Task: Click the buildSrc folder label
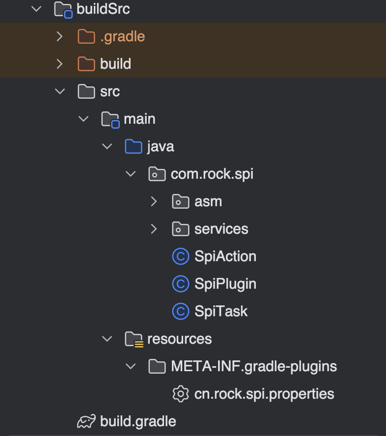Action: click(103, 9)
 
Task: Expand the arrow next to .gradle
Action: click(59, 36)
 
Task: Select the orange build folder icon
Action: click(86, 64)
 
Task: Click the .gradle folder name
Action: click(122, 36)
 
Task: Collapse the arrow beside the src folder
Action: click(59, 91)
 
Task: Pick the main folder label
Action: click(139, 119)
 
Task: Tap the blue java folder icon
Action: click(133, 146)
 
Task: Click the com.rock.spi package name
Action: click(212, 174)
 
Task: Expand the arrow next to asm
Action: click(154, 201)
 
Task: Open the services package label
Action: click(221, 229)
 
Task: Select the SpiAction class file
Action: click(225, 256)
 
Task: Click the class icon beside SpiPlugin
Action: click(181, 284)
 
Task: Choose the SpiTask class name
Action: click(221, 311)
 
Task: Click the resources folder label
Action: click(179, 339)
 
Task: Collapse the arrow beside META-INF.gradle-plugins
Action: click(130, 366)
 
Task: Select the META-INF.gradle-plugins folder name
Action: click(253, 366)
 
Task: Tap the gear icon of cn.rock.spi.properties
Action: click(181, 394)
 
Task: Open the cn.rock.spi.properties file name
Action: click(264, 394)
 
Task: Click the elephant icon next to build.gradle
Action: click(86, 421)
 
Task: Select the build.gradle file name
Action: click(138, 421)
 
